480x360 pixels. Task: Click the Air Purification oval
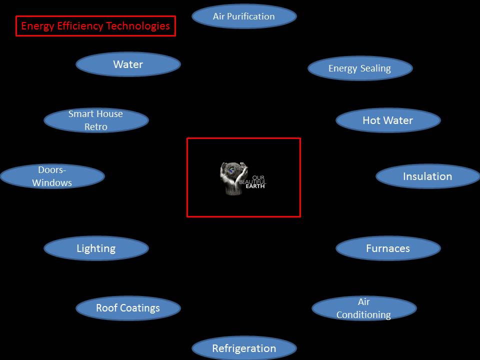tap(244, 16)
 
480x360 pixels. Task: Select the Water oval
tap(128, 64)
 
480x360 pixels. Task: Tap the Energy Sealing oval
tap(360, 68)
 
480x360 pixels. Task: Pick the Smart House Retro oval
tap(96, 120)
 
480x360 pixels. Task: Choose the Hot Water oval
tap(388, 120)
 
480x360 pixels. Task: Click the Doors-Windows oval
tap(52, 176)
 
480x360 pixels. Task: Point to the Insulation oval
tap(427, 176)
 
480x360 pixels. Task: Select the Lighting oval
tap(96, 248)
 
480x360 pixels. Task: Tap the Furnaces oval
tap(388, 248)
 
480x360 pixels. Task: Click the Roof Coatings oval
tap(128, 308)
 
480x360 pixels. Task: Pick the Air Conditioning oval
tap(364, 308)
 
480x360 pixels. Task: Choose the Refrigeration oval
tap(244, 348)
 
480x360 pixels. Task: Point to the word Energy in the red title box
tap(37, 26)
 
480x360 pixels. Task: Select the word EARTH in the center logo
tap(255, 186)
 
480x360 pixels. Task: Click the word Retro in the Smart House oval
tap(95, 127)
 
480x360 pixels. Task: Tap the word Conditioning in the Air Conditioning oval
tap(363, 315)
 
